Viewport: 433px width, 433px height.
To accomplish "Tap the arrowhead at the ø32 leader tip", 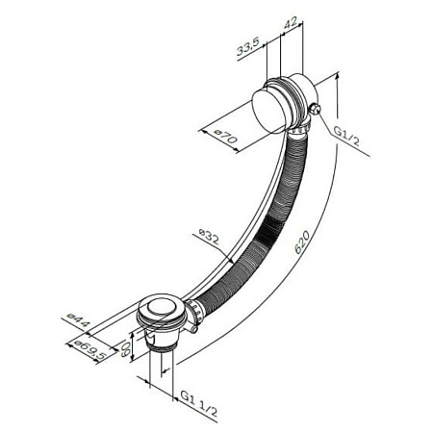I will (233, 259).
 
